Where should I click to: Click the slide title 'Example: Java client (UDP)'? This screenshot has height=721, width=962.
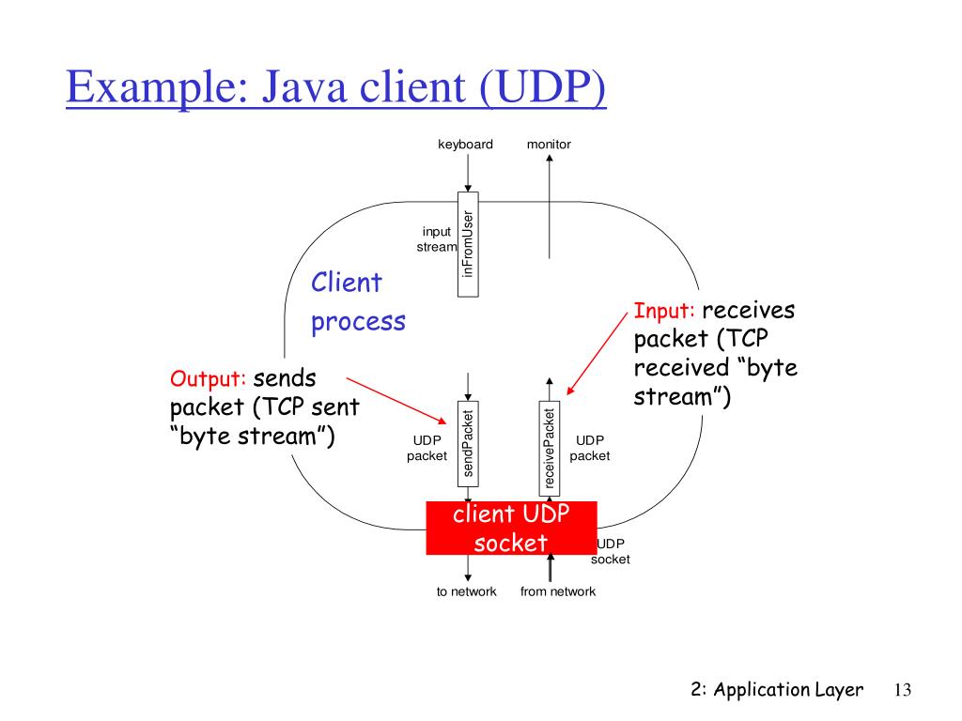click(x=336, y=90)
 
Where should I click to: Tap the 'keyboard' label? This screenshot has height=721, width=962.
click(x=465, y=144)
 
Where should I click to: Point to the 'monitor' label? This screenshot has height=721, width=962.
click(x=549, y=144)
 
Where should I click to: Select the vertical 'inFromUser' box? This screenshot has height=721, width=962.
click(x=468, y=243)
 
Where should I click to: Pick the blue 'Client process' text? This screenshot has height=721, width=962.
click(x=358, y=301)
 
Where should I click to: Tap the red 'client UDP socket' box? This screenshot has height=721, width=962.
click(x=510, y=528)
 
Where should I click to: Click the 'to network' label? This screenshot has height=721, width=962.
click(x=466, y=591)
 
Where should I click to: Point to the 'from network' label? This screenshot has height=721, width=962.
click(x=558, y=591)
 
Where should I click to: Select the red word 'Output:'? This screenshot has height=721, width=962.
click(x=209, y=379)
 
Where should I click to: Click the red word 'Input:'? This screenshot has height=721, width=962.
click(x=664, y=311)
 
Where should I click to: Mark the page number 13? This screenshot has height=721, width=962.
click(x=903, y=690)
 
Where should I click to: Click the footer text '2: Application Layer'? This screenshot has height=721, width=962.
click(x=776, y=690)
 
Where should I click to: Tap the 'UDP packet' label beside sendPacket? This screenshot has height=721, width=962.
click(x=427, y=448)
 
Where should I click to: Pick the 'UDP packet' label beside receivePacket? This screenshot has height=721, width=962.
click(x=590, y=448)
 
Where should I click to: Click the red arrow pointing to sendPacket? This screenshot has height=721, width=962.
click(x=396, y=399)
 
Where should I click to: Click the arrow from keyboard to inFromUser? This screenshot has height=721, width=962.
click(x=468, y=174)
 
